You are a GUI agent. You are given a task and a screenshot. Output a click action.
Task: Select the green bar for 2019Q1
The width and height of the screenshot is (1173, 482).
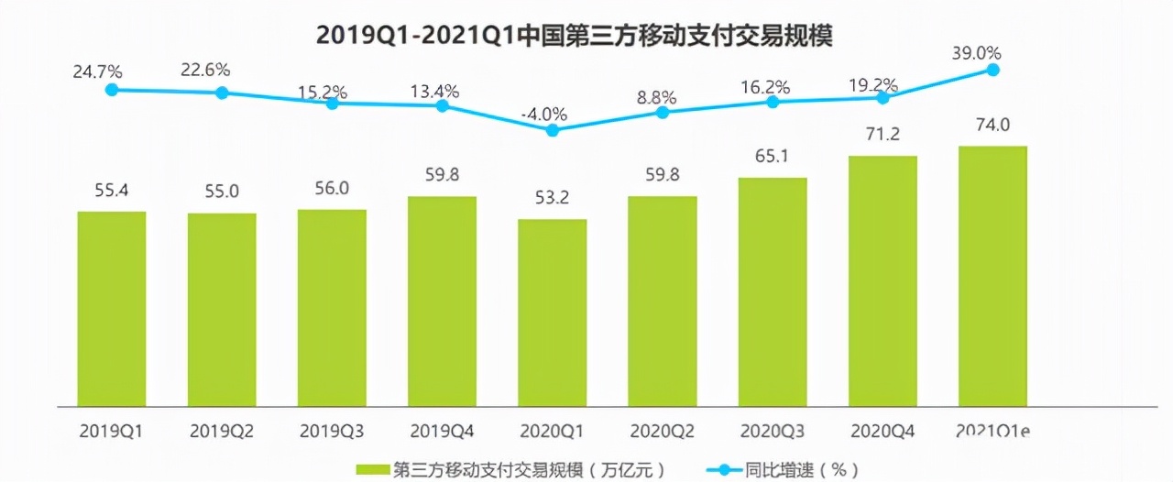click(112, 308)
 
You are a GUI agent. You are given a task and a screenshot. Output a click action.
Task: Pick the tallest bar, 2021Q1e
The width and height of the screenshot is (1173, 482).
click(992, 275)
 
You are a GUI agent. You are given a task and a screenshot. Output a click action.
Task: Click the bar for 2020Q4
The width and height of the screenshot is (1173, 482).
click(882, 280)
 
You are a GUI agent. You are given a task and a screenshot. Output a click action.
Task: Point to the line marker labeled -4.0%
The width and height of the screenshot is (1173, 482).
click(552, 130)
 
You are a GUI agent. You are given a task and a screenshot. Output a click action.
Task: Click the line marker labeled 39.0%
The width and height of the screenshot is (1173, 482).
click(992, 70)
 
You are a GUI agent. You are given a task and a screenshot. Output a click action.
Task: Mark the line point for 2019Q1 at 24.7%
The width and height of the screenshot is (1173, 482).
click(112, 90)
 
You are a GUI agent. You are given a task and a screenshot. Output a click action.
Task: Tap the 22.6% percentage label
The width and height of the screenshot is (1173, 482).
click(204, 70)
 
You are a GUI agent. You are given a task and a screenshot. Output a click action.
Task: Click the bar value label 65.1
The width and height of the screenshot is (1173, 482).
click(773, 156)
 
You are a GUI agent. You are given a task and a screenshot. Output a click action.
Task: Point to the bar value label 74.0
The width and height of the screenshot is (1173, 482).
click(992, 125)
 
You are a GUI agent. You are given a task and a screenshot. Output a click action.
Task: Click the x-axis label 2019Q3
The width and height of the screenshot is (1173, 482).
click(331, 430)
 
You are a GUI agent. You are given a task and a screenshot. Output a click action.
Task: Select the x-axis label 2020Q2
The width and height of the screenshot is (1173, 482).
click(662, 430)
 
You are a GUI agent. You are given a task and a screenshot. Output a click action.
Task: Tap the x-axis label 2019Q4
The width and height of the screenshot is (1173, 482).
click(441, 430)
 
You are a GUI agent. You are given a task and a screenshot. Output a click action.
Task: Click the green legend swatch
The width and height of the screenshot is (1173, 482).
click(372, 469)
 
